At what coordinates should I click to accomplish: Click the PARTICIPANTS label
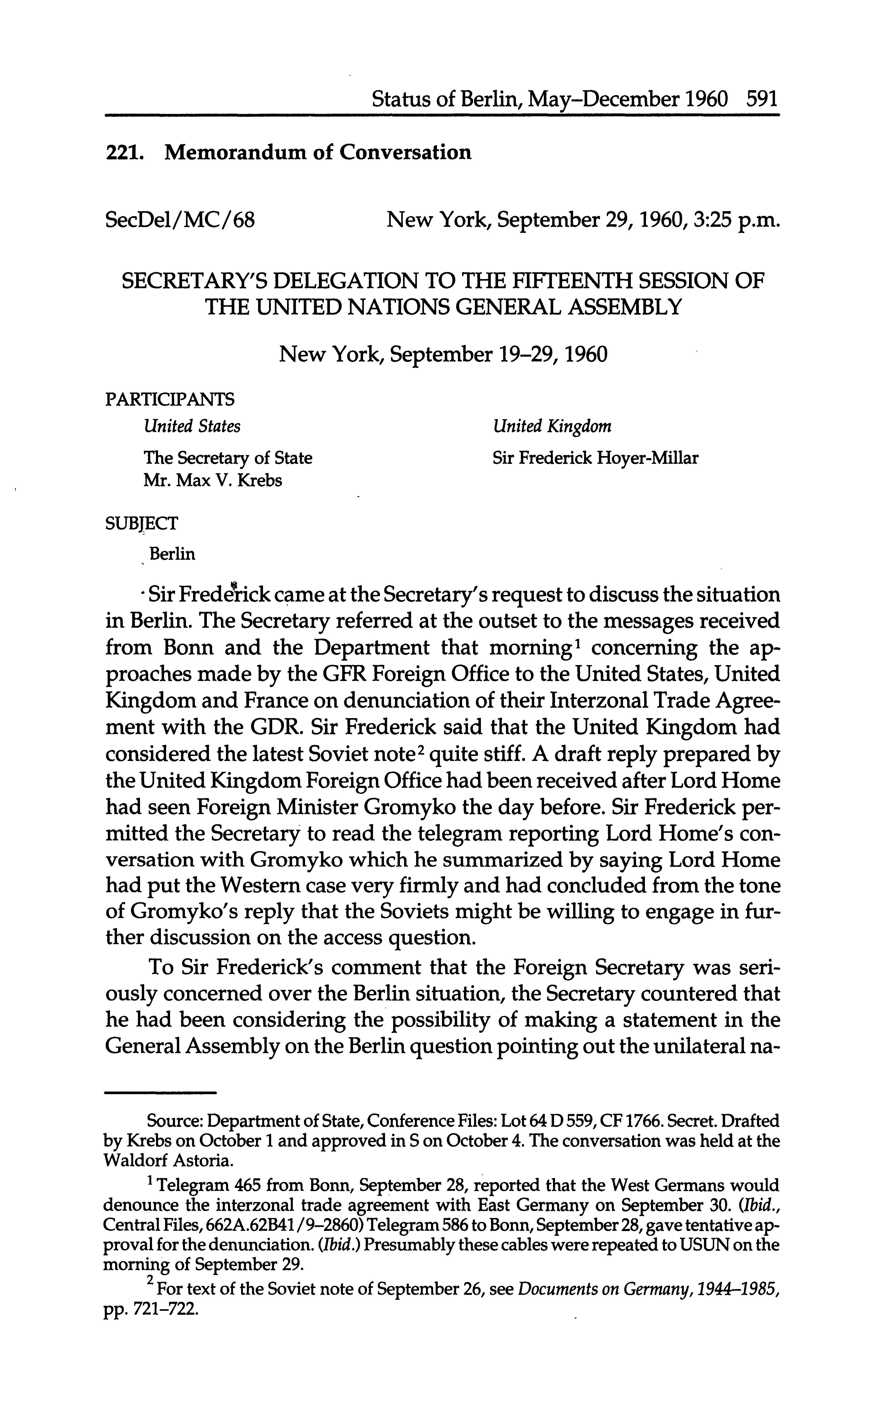(171, 399)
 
